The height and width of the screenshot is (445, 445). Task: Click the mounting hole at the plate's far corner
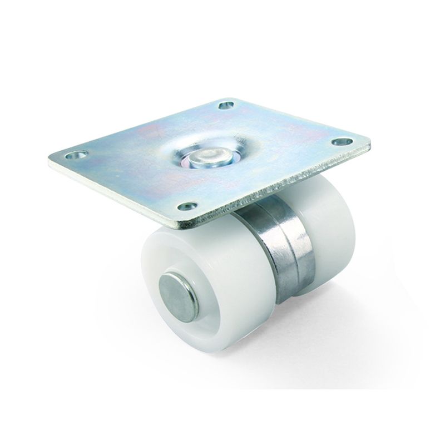(225, 105)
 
